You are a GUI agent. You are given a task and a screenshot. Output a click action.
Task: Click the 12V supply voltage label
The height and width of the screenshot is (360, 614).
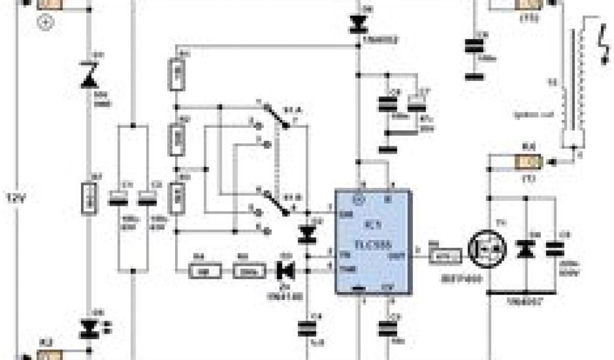pyautogui.click(x=17, y=197)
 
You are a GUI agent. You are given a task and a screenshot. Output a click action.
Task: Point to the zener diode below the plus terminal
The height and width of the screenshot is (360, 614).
pyautogui.click(x=89, y=76)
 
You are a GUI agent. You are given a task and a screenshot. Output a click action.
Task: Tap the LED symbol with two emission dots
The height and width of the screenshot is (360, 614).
pyautogui.click(x=90, y=328)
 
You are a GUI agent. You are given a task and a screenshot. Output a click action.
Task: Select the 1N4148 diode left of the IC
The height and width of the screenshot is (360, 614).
pyautogui.click(x=285, y=271)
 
